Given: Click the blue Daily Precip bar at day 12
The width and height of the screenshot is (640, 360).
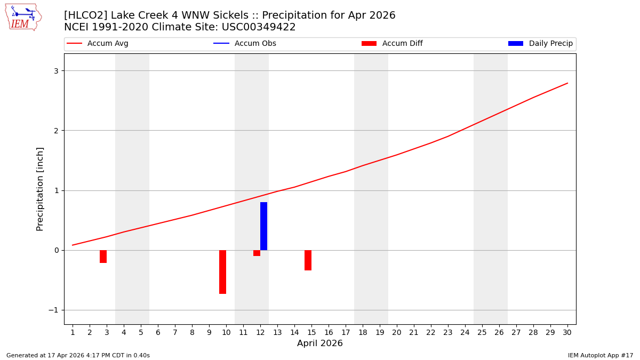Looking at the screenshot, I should (263, 226).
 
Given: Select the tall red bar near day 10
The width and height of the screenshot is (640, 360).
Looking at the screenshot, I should (222, 272).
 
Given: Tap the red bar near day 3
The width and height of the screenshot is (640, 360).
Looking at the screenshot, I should (103, 257).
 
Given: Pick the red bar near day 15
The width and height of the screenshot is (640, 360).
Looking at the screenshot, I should (308, 260).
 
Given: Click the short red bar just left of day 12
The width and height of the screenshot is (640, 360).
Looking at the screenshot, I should (257, 253).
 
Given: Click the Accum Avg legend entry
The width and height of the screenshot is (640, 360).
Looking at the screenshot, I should (98, 44).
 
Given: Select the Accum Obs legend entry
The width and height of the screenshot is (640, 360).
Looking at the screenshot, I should (245, 44).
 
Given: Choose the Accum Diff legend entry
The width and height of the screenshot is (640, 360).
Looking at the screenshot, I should (393, 44).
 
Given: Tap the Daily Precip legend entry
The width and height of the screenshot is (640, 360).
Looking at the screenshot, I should (541, 44).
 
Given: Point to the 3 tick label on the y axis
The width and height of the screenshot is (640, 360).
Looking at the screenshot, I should (55, 71).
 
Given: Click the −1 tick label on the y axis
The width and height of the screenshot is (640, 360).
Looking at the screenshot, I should (53, 310).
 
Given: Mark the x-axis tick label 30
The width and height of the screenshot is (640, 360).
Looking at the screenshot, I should (567, 332).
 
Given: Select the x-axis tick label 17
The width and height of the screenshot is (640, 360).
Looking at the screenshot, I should (346, 332).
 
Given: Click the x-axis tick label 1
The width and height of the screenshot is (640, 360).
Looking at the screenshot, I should (73, 332).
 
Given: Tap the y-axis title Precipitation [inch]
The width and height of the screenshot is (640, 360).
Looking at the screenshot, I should (40, 189).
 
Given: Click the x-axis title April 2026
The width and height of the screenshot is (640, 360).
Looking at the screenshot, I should (320, 343).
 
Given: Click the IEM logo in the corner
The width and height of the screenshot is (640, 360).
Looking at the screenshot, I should (23, 17).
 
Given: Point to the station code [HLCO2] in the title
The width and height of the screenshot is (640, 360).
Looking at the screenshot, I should (85, 15).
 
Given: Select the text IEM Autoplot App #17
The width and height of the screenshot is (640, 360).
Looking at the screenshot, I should (600, 355).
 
